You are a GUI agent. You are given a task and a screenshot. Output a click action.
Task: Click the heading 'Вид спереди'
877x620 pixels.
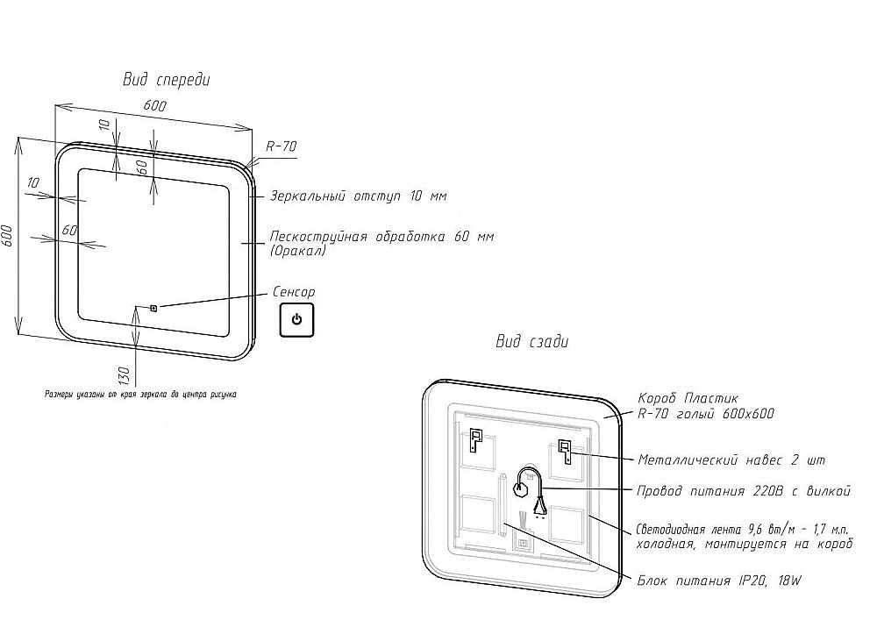click(166, 80)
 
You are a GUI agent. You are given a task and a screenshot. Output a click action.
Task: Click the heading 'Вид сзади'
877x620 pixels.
click(532, 341)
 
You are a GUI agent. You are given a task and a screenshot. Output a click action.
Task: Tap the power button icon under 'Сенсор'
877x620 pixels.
click(296, 319)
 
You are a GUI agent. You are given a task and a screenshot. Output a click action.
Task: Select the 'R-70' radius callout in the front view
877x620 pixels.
click(280, 147)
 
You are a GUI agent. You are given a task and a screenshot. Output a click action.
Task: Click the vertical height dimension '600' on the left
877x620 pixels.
click(8, 237)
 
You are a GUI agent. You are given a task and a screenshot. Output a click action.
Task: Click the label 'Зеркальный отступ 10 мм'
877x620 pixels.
click(358, 196)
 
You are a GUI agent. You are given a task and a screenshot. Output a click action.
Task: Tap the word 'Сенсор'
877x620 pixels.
click(294, 291)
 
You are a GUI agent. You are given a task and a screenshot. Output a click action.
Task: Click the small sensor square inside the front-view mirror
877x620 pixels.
click(153, 307)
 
